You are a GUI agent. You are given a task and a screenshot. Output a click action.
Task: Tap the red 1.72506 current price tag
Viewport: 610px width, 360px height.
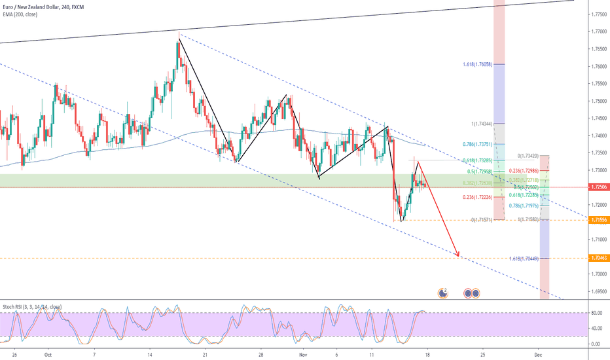pyautogui.click(x=597, y=187)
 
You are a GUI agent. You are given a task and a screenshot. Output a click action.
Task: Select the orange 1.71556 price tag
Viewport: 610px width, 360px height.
pyautogui.click(x=597, y=221)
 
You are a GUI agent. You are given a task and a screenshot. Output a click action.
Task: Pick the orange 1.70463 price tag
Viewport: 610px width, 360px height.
pyautogui.click(x=597, y=259)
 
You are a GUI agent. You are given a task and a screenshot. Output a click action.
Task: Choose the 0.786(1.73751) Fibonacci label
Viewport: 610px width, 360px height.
pyautogui.click(x=476, y=144)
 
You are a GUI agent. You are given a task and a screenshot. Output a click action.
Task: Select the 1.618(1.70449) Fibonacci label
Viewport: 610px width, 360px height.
pyautogui.click(x=524, y=259)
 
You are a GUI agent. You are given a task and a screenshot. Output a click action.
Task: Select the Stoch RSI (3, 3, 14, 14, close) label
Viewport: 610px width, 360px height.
pyautogui.click(x=33, y=306)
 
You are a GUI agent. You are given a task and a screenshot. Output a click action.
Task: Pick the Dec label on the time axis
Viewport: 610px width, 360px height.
pyautogui.click(x=537, y=353)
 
